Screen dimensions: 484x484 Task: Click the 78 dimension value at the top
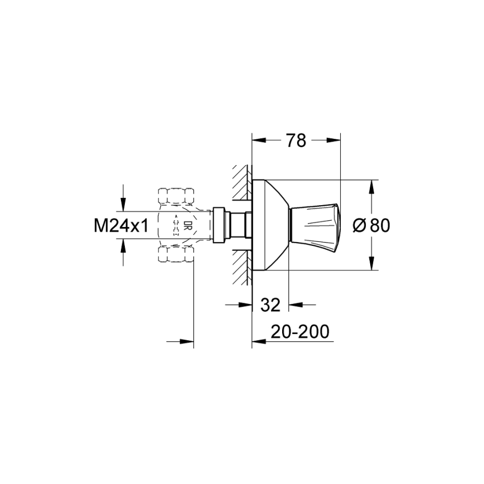coord(296,142)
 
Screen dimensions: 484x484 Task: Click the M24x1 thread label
coord(121,225)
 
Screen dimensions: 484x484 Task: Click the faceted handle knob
coord(314,225)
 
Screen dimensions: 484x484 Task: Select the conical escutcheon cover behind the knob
coord(271,225)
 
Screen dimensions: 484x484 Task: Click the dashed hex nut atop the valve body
coord(176,196)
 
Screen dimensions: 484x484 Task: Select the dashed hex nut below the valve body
coord(176,255)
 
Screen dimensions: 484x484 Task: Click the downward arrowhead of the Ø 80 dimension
coord(370,265)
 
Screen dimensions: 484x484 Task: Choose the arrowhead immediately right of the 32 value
coord(293,304)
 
